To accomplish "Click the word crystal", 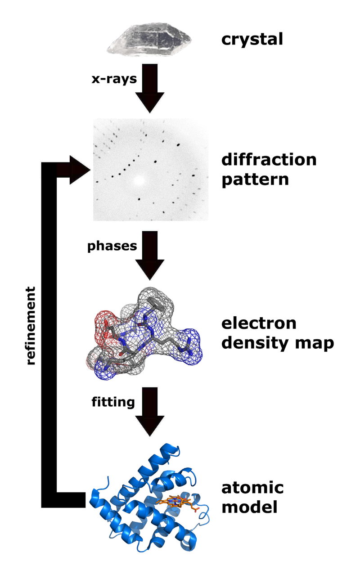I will [252, 40].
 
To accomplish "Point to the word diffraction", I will [269, 160].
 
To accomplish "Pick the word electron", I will [259, 323].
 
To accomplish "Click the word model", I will [250, 507].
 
